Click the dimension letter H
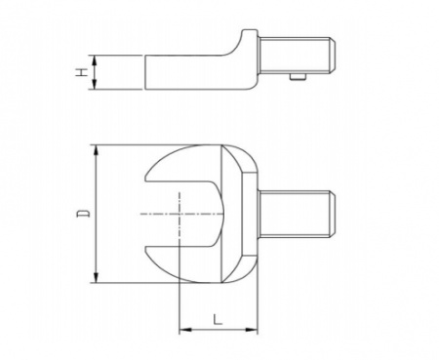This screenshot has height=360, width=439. [83, 72]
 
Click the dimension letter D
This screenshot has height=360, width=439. [83, 214]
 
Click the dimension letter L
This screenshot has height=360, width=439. [218, 319]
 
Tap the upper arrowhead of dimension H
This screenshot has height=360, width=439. [94, 60]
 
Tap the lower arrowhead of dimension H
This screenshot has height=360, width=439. [94, 84]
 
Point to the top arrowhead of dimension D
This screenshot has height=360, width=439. [96, 150]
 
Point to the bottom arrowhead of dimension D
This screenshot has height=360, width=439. [96, 277]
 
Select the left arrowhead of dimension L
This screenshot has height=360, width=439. [184, 330]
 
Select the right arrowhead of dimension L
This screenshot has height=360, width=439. [252, 330]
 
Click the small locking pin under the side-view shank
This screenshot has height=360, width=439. [298, 76]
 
